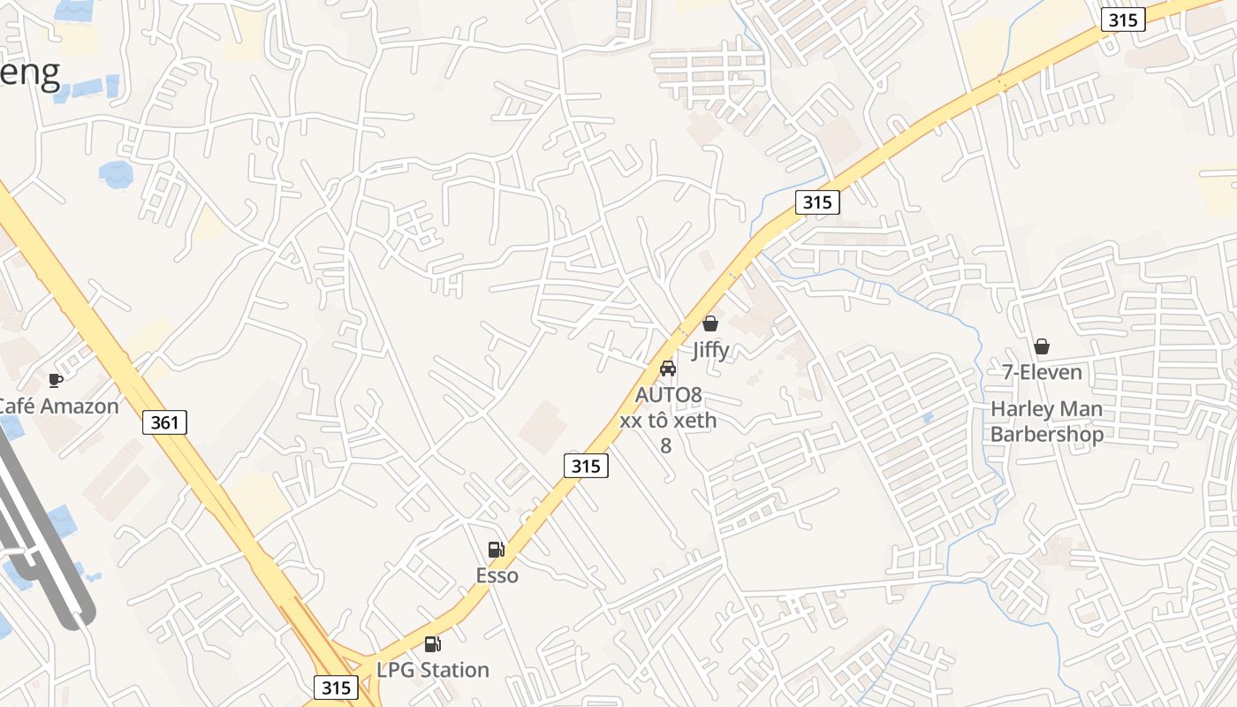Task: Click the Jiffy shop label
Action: [710, 350]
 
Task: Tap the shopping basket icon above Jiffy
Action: [710, 323]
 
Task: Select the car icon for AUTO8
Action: [668, 368]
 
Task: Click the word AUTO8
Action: [668, 394]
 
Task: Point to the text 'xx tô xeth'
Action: [668, 420]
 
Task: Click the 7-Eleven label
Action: [1042, 372]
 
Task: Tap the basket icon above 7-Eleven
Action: [1042, 346]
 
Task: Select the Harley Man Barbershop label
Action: [1046, 422]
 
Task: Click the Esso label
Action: [497, 576]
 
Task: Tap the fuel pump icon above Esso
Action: [497, 550]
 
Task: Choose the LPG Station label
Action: [433, 670]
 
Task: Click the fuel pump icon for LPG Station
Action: [432, 644]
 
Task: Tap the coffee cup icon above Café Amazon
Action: [56, 380]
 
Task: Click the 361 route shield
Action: [164, 422]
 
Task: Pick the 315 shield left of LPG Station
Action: [336, 688]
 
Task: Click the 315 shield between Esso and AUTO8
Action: [586, 465]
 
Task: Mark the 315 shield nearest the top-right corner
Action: [1123, 19]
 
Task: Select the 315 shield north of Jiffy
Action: [816, 202]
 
